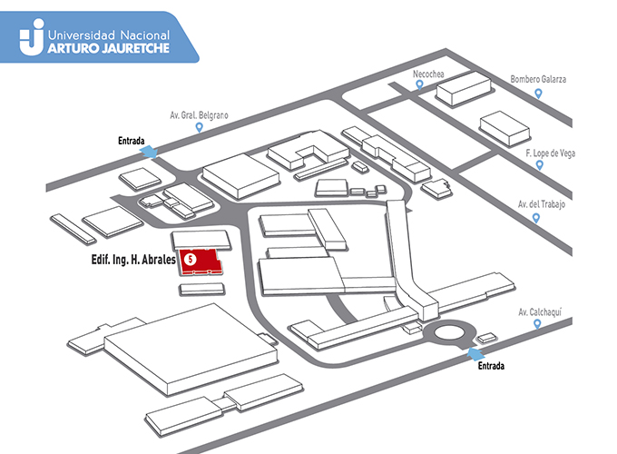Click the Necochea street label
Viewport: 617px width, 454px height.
click(x=428, y=74)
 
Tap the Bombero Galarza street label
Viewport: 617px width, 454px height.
click(x=538, y=79)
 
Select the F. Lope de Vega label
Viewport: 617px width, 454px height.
click(x=550, y=153)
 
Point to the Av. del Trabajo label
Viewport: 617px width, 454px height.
click(x=542, y=204)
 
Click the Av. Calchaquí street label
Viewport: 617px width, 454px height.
click(x=540, y=311)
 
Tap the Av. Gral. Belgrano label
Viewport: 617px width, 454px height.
click(x=199, y=115)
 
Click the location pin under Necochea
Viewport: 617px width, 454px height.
click(x=419, y=84)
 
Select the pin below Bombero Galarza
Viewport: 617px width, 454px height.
click(x=538, y=94)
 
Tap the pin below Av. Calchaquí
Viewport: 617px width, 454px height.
click(x=537, y=324)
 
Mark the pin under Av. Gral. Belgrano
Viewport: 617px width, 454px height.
click(x=199, y=127)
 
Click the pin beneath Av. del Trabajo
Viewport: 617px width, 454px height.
click(x=535, y=218)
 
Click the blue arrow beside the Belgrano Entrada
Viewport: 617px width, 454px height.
click(x=149, y=152)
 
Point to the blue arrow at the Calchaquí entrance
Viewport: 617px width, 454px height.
click(x=475, y=354)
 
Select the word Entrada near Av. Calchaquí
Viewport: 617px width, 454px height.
click(x=491, y=366)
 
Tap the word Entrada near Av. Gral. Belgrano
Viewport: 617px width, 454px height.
click(x=131, y=141)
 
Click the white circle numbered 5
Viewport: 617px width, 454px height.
click(x=190, y=259)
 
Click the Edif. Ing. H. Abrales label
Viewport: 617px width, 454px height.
click(x=133, y=260)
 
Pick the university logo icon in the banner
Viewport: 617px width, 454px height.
click(x=33, y=37)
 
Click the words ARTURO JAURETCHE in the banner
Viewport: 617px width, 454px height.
click(x=109, y=48)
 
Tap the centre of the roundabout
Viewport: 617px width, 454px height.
click(x=449, y=333)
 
